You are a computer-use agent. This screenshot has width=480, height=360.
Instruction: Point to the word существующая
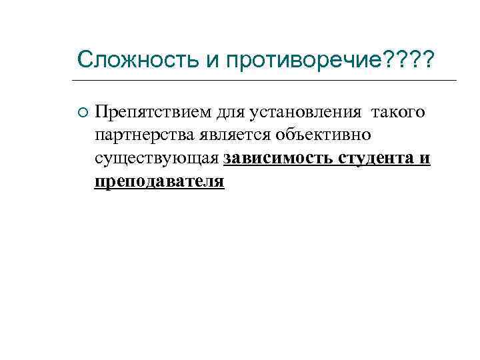pos(157,159)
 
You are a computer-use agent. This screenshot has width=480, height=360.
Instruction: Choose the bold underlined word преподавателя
pos(159,182)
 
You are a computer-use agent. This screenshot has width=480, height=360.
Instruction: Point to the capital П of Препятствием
pos(101,111)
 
